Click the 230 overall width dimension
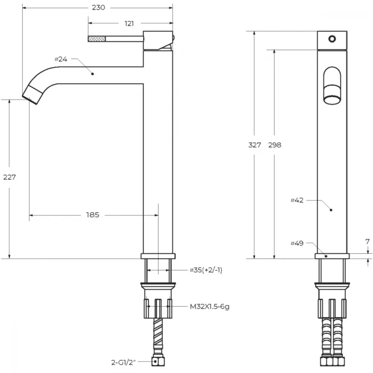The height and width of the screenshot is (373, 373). [x=98, y=7]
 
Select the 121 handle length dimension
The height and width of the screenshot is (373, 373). [x=129, y=23]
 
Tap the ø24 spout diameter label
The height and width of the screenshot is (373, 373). [x=61, y=59]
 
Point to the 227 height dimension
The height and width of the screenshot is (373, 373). [x=10, y=177]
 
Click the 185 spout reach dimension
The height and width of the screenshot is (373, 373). [x=93, y=215]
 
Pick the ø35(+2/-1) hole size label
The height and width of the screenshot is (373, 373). [x=206, y=270]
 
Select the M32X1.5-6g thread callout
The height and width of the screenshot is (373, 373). [x=210, y=307]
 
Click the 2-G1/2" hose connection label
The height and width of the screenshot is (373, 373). [x=123, y=363]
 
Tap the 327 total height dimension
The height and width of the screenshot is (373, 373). [x=254, y=145]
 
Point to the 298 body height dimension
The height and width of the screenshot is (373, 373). [x=275, y=145]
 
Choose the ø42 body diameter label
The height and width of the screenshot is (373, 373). [x=297, y=200]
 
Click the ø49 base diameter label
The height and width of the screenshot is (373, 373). [x=297, y=243]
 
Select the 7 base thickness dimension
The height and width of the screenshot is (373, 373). [x=367, y=242]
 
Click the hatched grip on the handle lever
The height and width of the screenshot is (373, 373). [x=97, y=38]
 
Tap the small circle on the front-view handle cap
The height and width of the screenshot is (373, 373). [x=332, y=39]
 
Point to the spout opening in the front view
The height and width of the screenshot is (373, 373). [x=332, y=100]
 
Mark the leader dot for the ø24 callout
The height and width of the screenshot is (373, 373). [x=93, y=74]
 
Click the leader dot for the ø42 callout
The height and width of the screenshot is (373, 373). [x=331, y=210]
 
